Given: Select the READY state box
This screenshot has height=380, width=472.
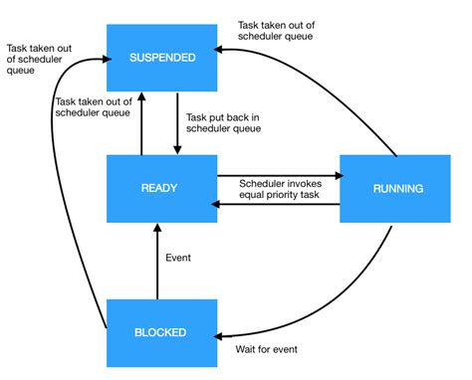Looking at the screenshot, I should [160, 186].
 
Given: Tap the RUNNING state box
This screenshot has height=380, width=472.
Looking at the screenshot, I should [396, 187].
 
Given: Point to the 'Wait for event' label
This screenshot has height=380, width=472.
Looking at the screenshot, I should [265, 349].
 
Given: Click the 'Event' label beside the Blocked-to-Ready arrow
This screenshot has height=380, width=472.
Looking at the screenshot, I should [177, 258].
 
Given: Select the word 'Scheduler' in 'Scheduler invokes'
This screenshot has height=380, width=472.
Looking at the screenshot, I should [262, 182].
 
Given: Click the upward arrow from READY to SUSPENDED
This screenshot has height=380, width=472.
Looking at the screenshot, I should [141, 123].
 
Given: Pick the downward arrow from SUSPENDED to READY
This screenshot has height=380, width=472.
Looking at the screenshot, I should [177, 123].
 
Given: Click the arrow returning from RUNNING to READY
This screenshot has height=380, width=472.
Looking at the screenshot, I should [279, 204].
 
